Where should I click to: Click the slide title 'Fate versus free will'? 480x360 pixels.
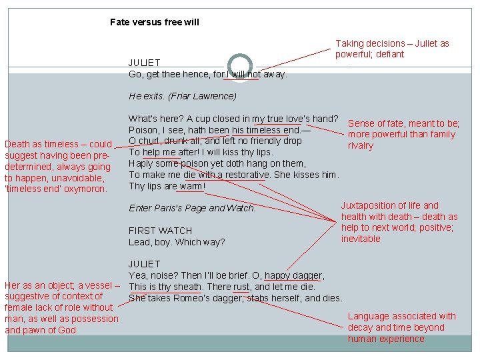point(154,22)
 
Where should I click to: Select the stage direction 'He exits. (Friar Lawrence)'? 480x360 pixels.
point(182,96)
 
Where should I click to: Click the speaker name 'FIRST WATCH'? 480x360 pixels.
point(160,231)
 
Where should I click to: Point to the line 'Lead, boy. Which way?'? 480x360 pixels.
point(177,242)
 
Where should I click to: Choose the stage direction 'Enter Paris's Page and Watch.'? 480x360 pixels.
point(192,208)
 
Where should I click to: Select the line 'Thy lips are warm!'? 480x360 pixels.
point(167,186)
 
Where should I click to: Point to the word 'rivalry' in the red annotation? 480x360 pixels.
point(361,145)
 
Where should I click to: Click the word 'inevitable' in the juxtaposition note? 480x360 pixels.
point(361,239)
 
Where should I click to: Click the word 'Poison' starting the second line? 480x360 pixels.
point(143,130)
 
